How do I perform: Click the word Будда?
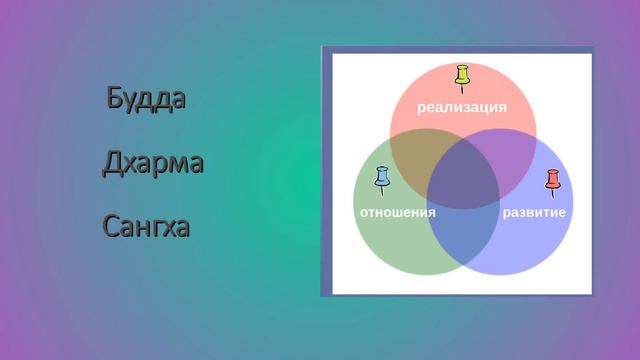(146, 100)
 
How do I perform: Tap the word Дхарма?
(152, 163)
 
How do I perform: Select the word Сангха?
(146, 227)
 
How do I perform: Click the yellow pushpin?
(462, 78)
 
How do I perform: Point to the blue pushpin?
(381, 181)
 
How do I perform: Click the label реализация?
(462, 107)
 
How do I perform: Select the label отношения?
(397, 213)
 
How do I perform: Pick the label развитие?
(534, 213)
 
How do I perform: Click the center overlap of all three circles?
(463, 177)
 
